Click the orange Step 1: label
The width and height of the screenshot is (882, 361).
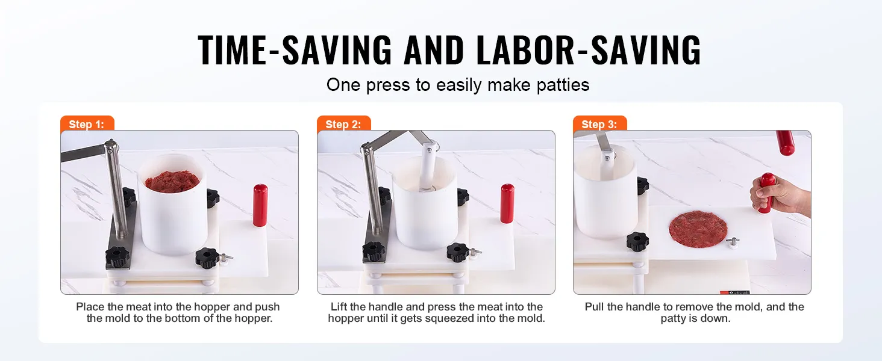pos(87,123)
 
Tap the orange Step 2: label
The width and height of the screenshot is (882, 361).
pos(344,123)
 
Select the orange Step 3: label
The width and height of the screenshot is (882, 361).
pos(599,123)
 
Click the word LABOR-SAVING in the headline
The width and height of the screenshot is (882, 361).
pos(589,50)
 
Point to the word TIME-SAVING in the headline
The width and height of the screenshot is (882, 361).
pos(295,50)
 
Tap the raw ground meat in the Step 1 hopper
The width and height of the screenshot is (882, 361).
pos(172,181)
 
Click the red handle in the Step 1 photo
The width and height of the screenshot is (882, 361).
pos(260,205)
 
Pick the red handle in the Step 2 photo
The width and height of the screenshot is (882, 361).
pos(507,203)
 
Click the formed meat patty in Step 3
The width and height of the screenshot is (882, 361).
pos(698,229)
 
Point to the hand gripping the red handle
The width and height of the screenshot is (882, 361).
pos(780,196)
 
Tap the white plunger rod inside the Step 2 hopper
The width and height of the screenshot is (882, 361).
pos(427,167)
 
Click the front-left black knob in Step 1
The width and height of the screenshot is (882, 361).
pos(117,256)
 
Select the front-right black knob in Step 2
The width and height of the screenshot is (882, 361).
pos(458,252)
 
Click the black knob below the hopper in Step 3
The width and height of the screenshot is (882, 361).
pos(637,242)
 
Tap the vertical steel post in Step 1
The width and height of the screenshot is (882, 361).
pos(117,189)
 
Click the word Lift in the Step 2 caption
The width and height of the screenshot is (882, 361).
pos(339,307)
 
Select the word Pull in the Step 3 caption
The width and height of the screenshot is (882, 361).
pos(594,307)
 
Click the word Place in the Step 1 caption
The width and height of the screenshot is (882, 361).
pos(90,307)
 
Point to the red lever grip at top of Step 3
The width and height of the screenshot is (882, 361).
pos(786,143)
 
